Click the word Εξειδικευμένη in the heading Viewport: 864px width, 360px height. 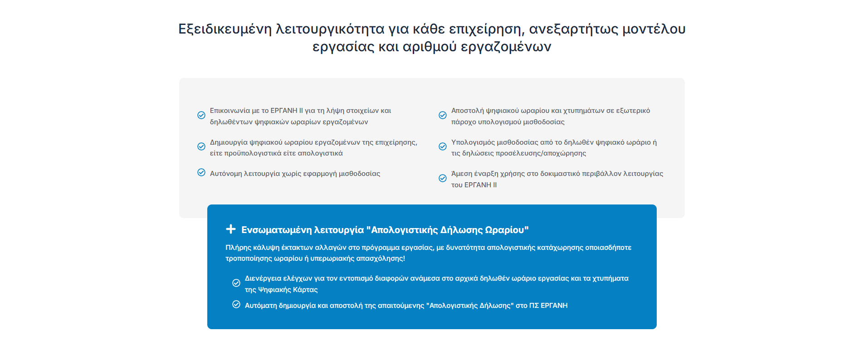click(x=225, y=29)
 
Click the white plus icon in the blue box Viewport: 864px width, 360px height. click(x=231, y=229)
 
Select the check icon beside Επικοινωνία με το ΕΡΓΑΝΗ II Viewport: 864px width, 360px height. click(x=201, y=115)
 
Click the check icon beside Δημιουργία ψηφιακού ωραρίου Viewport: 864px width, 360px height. click(x=201, y=146)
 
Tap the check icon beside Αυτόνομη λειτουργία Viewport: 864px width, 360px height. click(x=201, y=172)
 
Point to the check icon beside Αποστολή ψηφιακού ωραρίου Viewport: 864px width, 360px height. click(x=443, y=115)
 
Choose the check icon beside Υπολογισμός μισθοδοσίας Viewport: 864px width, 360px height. click(x=443, y=146)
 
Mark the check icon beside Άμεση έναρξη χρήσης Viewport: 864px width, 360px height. click(x=443, y=178)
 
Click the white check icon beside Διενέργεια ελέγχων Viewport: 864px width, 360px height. click(x=236, y=283)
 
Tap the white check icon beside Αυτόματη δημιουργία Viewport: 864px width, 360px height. click(x=236, y=304)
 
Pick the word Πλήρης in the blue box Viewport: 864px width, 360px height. click(x=238, y=248)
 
